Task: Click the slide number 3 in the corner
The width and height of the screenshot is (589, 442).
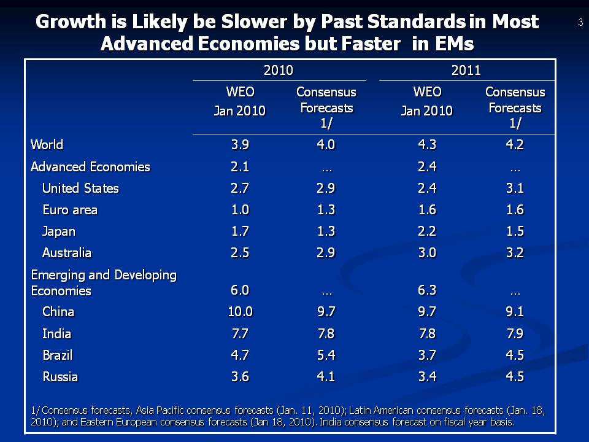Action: pyautogui.click(x=580, y=23)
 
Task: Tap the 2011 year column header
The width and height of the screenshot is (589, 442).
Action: pyautogui.click(x=466, y=71)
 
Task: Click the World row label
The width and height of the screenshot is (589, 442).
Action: pyautogui.click(x=47, y=145)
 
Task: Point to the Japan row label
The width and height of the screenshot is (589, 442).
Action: pyautogui.click(x=59, y=231)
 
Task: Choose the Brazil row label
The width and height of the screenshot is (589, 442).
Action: pyautogui.click(x=57, y=355)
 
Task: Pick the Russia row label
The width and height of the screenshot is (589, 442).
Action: pyautogui.click(x=60, y=377)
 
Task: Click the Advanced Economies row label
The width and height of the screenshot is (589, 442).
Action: pyautogui.click(x=90, y=167)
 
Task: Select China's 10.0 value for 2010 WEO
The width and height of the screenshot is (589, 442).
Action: pyautogui.click(x=240, y=312)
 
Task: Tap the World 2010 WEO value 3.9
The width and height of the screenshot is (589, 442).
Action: pyautogui.click(x=240, y=145)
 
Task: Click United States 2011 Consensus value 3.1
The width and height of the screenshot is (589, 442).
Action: pyautogui.click(x=515, y=188)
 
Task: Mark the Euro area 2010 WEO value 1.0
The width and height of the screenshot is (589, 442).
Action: pyautogui.click(x=240, y=210)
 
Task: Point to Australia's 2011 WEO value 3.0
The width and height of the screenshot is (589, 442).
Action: pyautogui.click(x=427, y=253)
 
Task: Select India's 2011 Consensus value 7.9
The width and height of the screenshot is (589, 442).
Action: pyautogui.click(x=515, y=334)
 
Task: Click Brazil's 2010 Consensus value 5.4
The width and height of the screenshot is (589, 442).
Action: pyautogui.click(x=326, y=355)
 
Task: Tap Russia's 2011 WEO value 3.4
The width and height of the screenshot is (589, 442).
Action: pyautogui.click(x=427, y=377)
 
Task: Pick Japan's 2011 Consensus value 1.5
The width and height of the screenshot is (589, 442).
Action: pyautogui.click(x=515, y=231)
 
